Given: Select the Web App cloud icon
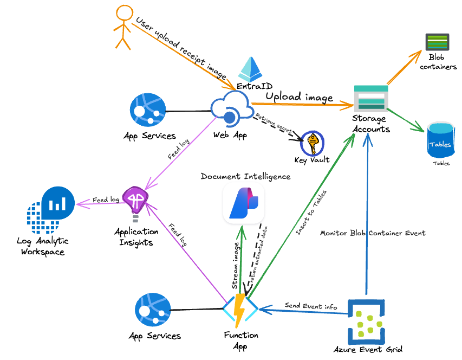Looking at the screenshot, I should [230, 110].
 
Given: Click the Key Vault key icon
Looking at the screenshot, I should [312, 143].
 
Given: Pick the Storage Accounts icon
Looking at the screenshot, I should [370, 98].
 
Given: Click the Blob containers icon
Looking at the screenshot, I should [437, 42].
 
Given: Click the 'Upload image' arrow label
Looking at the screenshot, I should [299, 97].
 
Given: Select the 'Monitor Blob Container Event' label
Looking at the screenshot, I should [373, 233].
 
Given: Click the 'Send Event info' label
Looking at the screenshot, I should [311, 307].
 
